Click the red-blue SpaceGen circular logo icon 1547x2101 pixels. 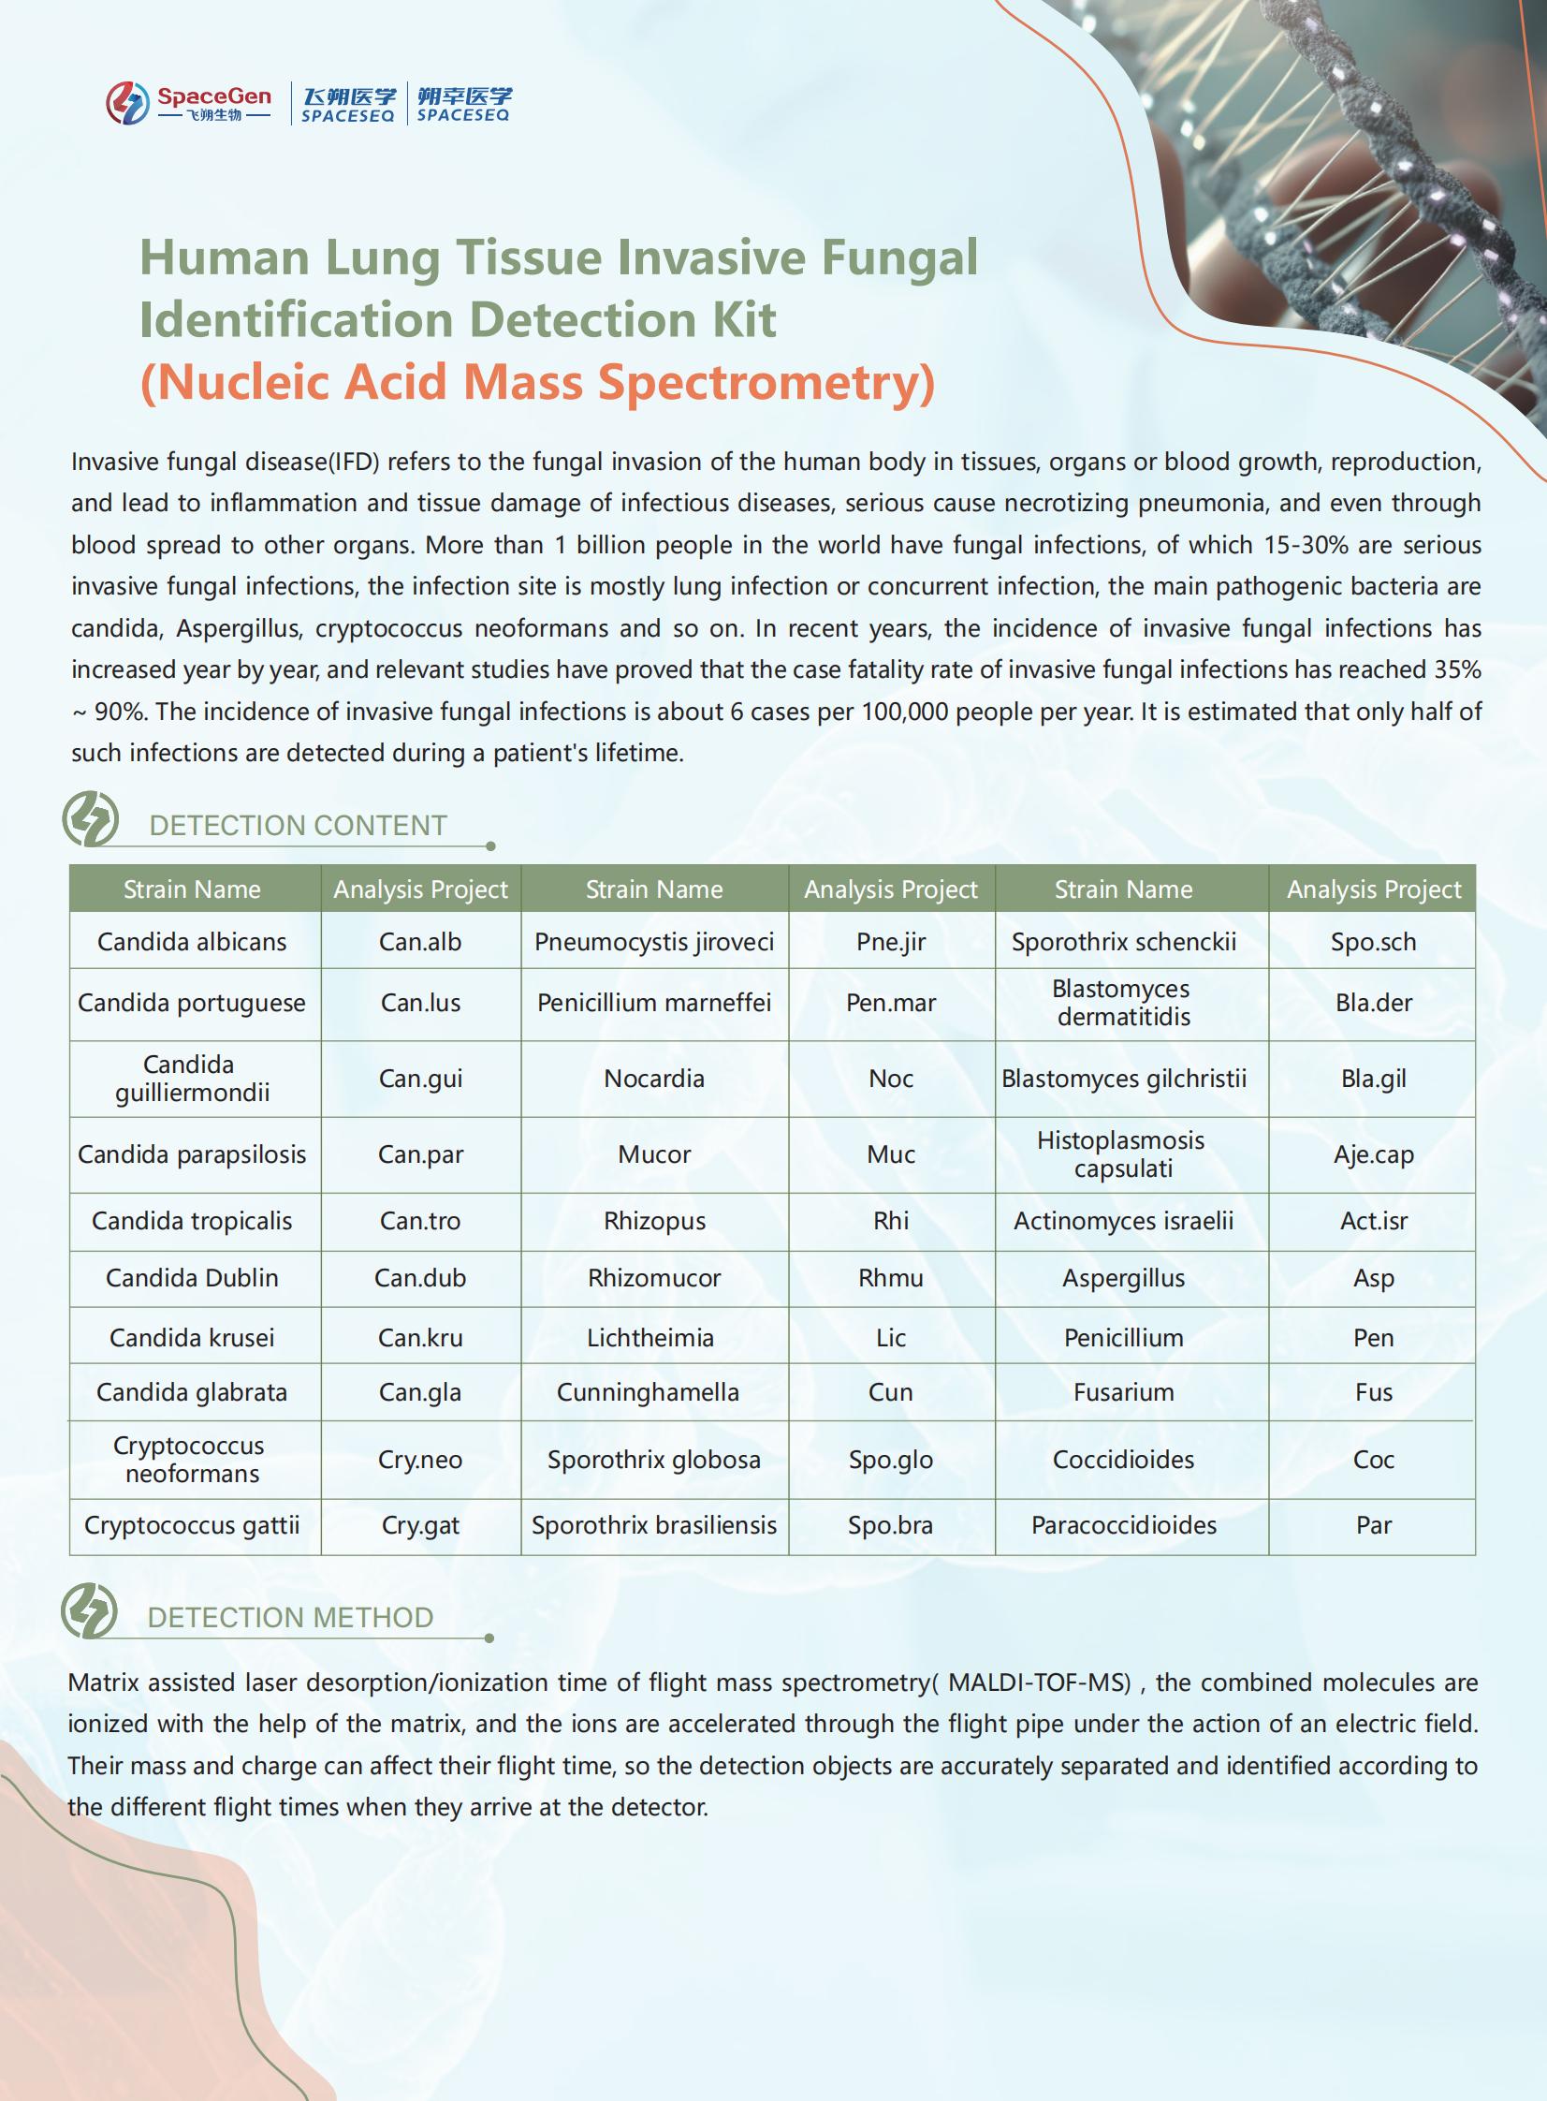coord(127,102)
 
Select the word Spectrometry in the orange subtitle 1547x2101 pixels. coord(765,382)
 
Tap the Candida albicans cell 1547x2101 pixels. coord(192,941)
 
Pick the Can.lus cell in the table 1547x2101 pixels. coord(420,1002)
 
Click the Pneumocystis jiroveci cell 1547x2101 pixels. coord(653,941)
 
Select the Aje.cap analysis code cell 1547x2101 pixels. coord(1373,1154)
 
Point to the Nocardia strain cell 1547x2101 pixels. coord(653,1079)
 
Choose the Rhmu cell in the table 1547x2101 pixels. coord(891,1278)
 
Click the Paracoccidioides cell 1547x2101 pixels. coord(1124,1525)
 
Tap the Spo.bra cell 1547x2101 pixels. coord(891,1525)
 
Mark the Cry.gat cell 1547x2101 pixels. coord(420,1525)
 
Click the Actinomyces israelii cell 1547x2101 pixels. coord(1124,1221)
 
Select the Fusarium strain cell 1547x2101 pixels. coord(1124,1392)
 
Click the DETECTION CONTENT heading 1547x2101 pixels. coord(298,825)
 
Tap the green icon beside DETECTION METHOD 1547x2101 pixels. coord(90,1611)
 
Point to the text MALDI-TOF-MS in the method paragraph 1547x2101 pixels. coord(1040,1682)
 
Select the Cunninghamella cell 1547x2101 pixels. coord(648,1392)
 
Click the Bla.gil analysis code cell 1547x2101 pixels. coord(1373,1079)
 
